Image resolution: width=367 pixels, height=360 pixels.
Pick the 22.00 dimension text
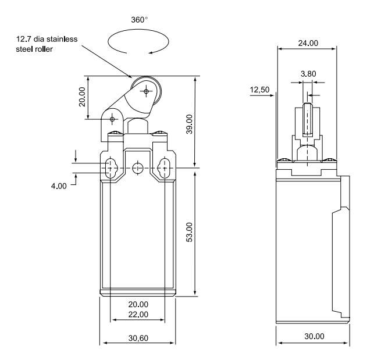(x=138, y=314)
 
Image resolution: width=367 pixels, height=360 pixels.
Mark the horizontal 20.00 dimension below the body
(x=138, y=304)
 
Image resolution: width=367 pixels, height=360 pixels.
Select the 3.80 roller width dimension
(x=308, y=74)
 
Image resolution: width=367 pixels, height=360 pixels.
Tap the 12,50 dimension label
(x=259, y=90)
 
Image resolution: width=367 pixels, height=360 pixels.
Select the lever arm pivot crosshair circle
(x=112, y=119)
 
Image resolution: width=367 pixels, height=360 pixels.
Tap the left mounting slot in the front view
(x=111, y=169)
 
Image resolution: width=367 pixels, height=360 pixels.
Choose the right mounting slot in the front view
(x=165, y=169)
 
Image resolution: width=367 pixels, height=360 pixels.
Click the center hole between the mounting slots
(x=138, y=169)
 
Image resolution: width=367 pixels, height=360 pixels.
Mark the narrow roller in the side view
(x=308, y=119)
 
